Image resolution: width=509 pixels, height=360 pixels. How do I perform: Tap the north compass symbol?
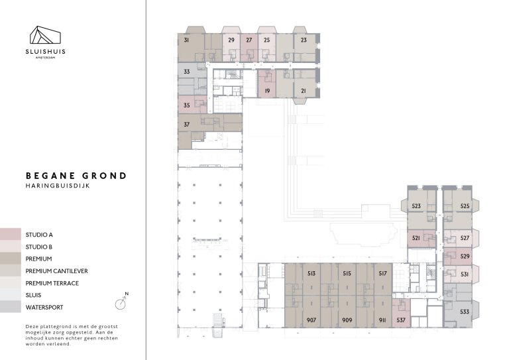pos(121,303)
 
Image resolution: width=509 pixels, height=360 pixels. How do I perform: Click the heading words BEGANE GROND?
pos(76,176)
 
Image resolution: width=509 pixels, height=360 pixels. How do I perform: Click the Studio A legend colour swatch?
pos(10,235)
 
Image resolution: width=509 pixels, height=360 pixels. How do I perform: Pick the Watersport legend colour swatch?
pos(10,307)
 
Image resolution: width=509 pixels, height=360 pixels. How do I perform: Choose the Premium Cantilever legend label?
pos(56,271)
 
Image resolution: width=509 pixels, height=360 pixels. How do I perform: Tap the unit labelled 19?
pos(266,90)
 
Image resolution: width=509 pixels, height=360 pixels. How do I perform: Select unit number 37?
pos(187,124)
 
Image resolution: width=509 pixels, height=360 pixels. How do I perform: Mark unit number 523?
pos(416,206)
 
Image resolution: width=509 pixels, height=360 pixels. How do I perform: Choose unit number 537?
pos(401,320)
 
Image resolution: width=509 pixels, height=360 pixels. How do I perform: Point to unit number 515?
pos(347,272)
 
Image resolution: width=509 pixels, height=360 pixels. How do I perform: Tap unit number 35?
pos(187,105)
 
